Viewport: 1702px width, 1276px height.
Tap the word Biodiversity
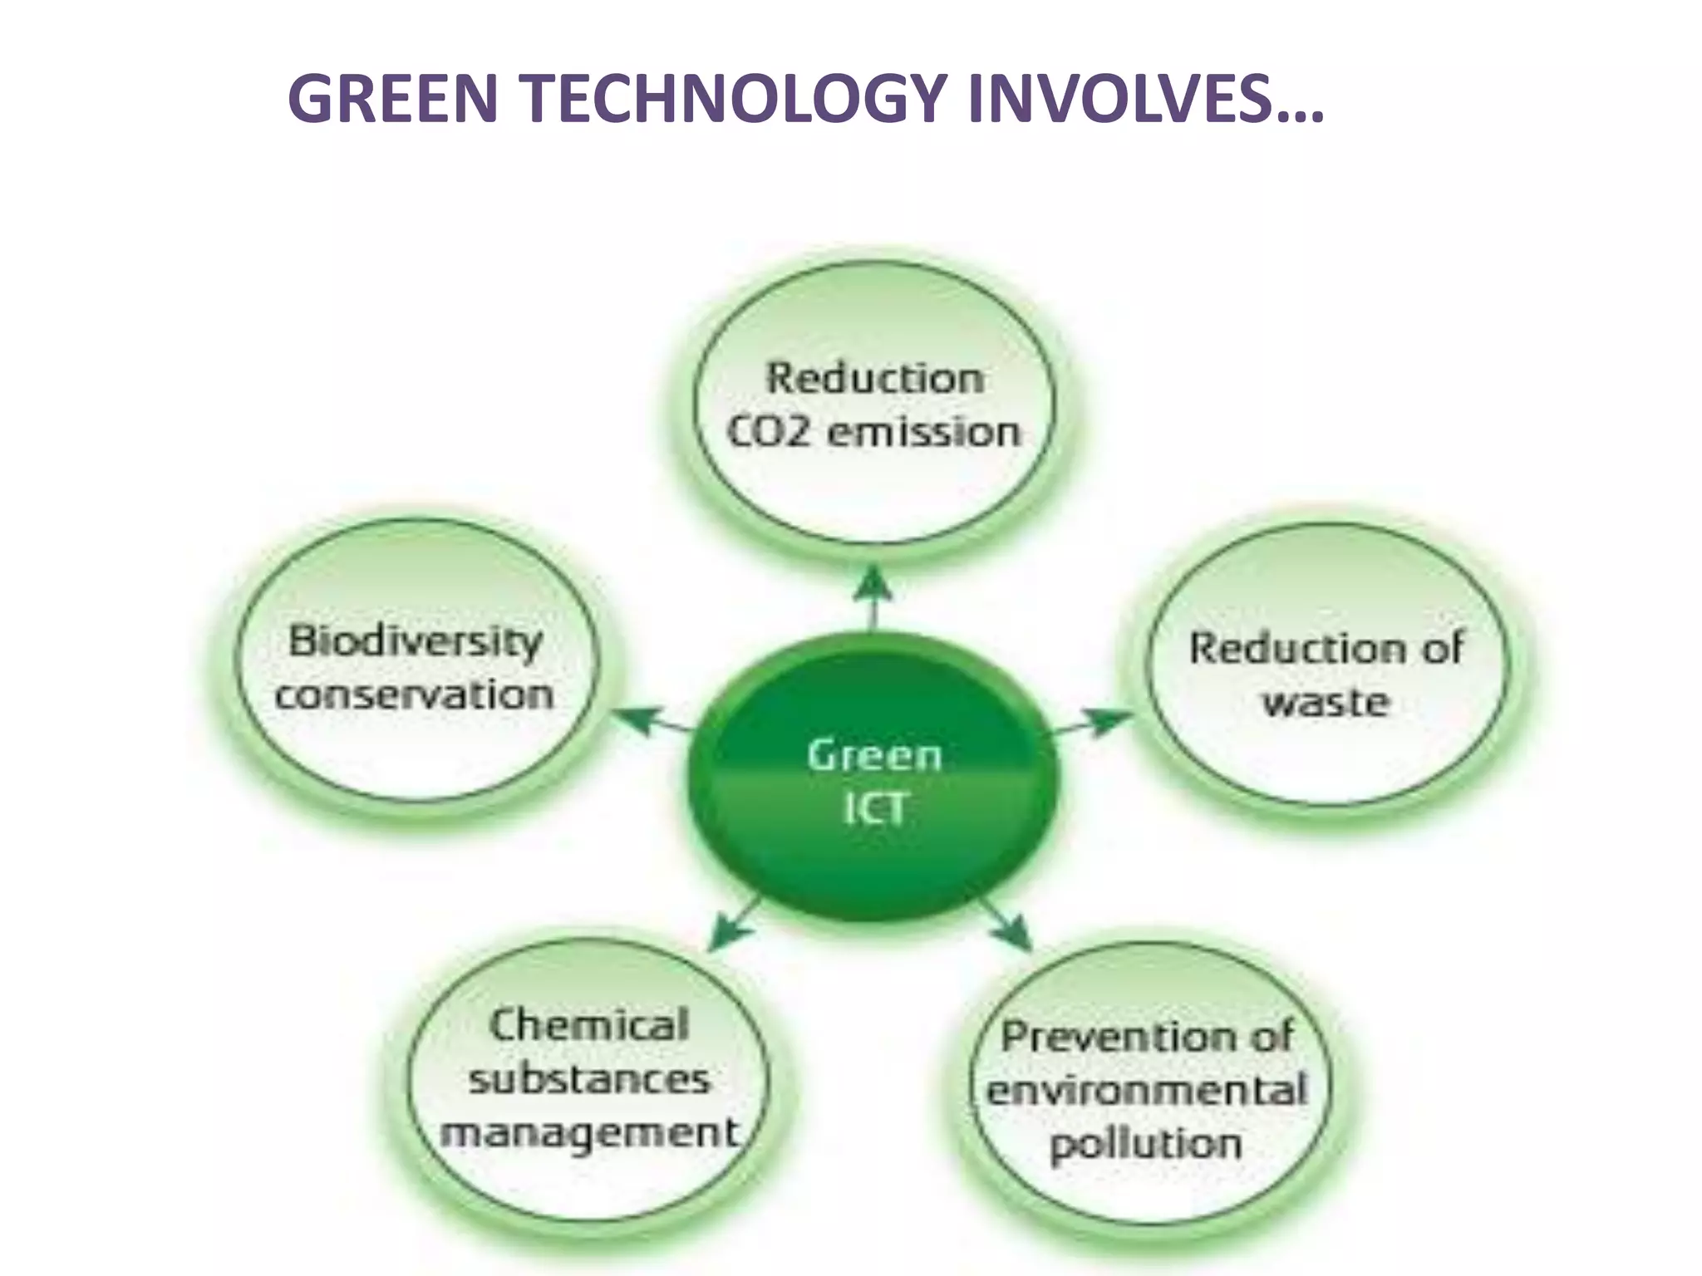tap(416, 641)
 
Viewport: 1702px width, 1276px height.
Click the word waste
tap(1326, 703)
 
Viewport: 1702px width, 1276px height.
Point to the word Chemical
tap(588, 1024)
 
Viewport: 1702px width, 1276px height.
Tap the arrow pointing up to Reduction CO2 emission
tap(873, 594)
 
